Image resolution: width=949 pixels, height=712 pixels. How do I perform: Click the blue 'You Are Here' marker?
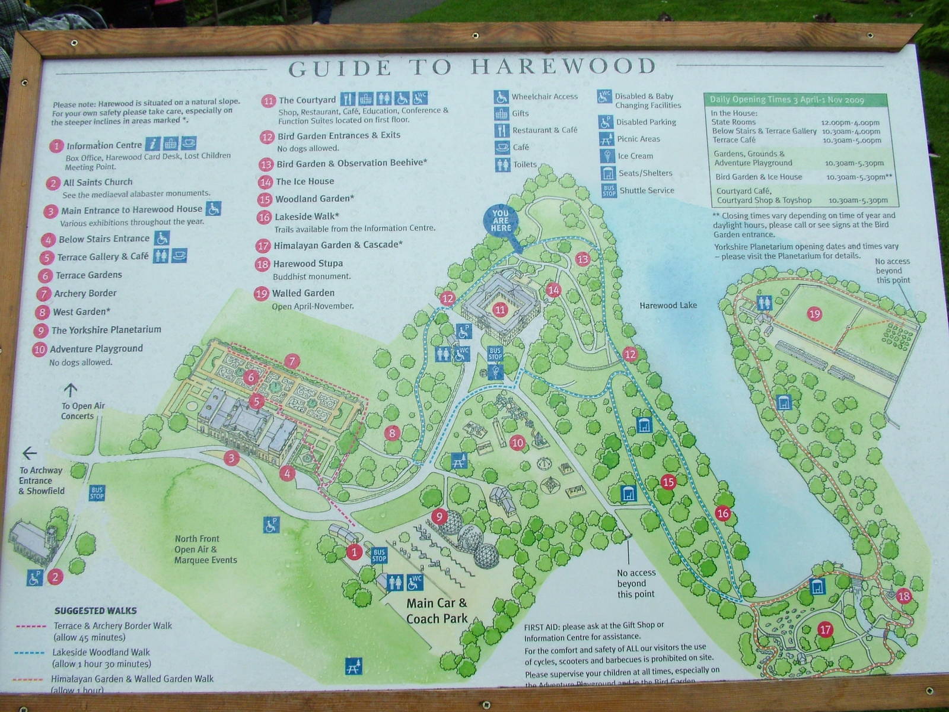[x=501, y=221]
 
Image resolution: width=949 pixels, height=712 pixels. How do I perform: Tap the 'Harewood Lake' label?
[x=668, y=306]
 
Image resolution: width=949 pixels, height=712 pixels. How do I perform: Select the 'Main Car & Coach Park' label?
[x=437, y=611]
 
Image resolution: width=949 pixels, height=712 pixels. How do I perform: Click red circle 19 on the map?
[x=814, y=313]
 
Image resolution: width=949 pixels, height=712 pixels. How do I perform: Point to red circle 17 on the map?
[x=825, y=630]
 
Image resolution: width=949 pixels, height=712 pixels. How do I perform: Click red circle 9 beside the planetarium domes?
[x=439, y=516]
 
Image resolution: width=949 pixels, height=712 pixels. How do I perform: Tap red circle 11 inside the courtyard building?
[x=500, y=309]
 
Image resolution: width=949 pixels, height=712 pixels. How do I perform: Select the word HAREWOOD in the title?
[x=563, y=66]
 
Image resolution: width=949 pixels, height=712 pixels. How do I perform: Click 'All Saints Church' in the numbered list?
[x=98, y=182]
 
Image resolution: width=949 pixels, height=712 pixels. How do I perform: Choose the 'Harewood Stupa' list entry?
[x=307, y=263]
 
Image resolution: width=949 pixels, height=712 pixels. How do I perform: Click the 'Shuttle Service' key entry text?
[x=647, y=190]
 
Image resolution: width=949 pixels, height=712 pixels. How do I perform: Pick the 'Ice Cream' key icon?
[x=606, y=156]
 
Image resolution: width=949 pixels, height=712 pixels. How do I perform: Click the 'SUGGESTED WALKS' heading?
[x=95, y=611]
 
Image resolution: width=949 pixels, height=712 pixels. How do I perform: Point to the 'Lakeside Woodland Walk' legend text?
[x=101, y=652]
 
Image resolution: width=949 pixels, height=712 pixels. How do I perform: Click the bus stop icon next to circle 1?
[x=379, y=555]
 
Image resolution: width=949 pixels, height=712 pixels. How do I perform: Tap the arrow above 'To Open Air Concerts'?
[x=71, y=390]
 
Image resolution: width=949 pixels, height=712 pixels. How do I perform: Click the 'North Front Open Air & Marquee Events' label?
[x=205, y=549]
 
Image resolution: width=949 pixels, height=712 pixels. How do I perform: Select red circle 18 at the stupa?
[x=903, y=596]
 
